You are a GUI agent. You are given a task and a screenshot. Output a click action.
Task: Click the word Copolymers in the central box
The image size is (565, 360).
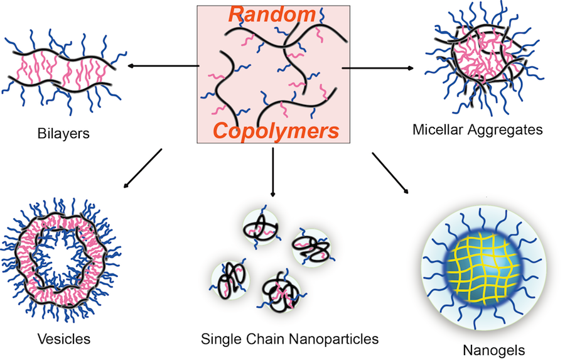[x=276, y=131]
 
